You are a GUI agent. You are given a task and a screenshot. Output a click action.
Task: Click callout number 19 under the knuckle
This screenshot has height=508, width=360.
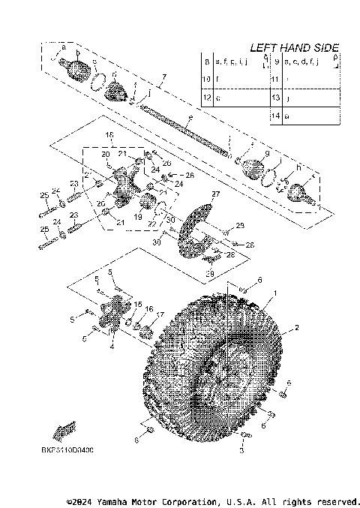(137, 216)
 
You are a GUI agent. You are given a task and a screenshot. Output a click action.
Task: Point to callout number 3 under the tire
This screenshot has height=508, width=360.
(242, 453)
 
